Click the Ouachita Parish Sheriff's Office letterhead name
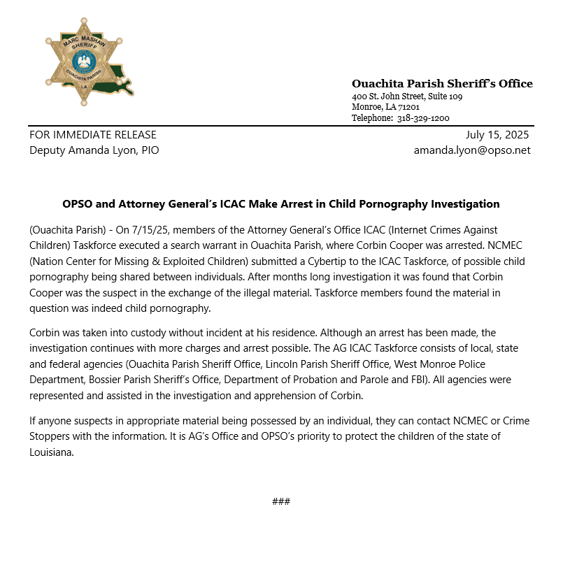tap(442, 84)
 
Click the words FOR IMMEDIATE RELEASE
tap(93, 135)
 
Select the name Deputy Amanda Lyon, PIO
tap(94, 150)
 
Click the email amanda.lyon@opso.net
tap(472, 150)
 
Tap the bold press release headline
tap(281, 204)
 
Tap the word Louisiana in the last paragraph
tap(51, 452)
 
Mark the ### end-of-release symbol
tap(281, 502)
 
